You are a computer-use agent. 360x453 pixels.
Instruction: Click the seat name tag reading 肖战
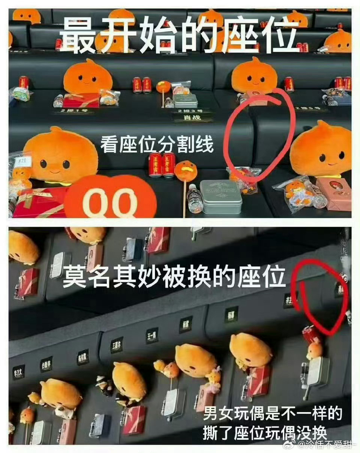coord(192,117)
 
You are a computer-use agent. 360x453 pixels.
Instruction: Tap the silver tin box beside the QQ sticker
coord(220,196)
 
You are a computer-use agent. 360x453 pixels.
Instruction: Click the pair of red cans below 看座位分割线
coord(162,165)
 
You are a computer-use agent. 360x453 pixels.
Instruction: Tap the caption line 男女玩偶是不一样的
coord(273,414)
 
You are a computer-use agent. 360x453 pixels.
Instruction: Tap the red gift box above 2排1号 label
coord(81,100)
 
